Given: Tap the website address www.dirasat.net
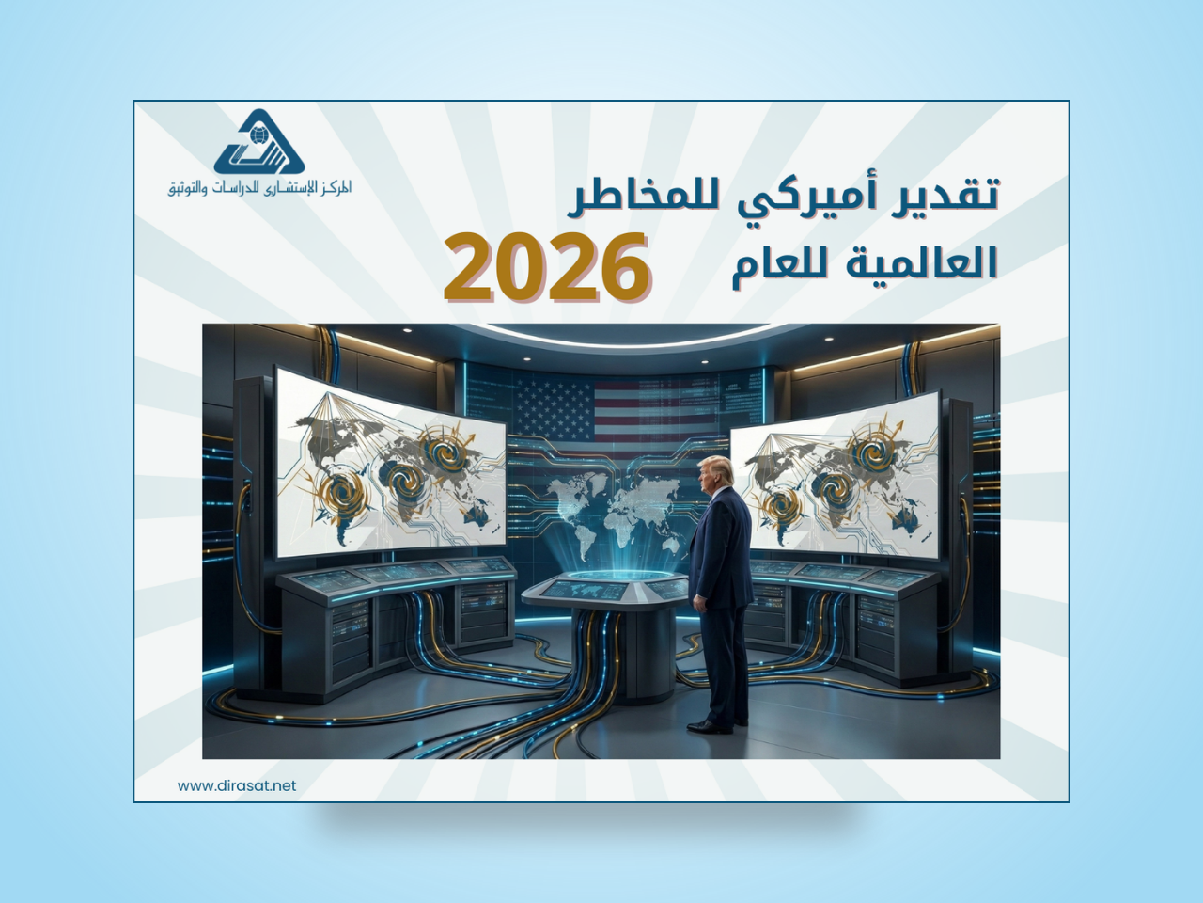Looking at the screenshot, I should tap(237, 785).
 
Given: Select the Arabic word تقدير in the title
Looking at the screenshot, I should tap(948, 196).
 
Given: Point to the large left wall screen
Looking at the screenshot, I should tap(390, 466).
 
